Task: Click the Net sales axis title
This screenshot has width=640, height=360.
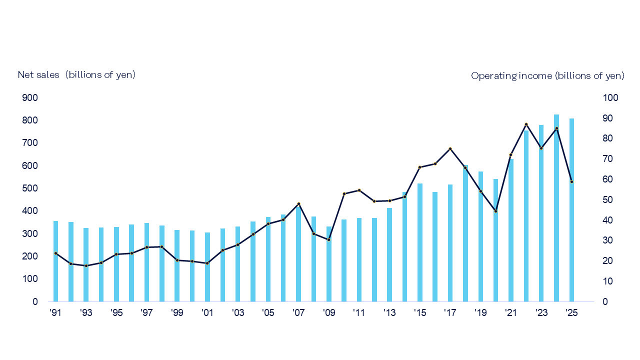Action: [x=76, y=74]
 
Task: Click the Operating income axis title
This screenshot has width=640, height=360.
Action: [x=547, y=75]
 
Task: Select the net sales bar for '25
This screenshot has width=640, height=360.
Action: [x=571, y=210]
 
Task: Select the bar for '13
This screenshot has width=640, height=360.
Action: [x=389, y=255]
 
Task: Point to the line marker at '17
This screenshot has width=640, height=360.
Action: [x=450, y=148]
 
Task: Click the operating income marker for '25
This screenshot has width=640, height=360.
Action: [x=571, y=181]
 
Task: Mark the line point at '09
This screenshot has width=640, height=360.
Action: [x=328, y=239]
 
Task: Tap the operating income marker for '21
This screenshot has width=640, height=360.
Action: [x=510, y=154]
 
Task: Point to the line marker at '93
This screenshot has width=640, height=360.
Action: [x=86, y=265]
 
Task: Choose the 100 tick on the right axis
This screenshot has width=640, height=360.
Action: [x=611, y=97]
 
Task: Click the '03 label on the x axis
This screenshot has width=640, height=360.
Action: [x=237, y=313]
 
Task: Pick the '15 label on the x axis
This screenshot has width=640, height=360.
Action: [x=419, y=313]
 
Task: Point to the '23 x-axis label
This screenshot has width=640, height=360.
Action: [x=541, y=313]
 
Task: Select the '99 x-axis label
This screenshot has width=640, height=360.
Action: [x=177, y=313]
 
